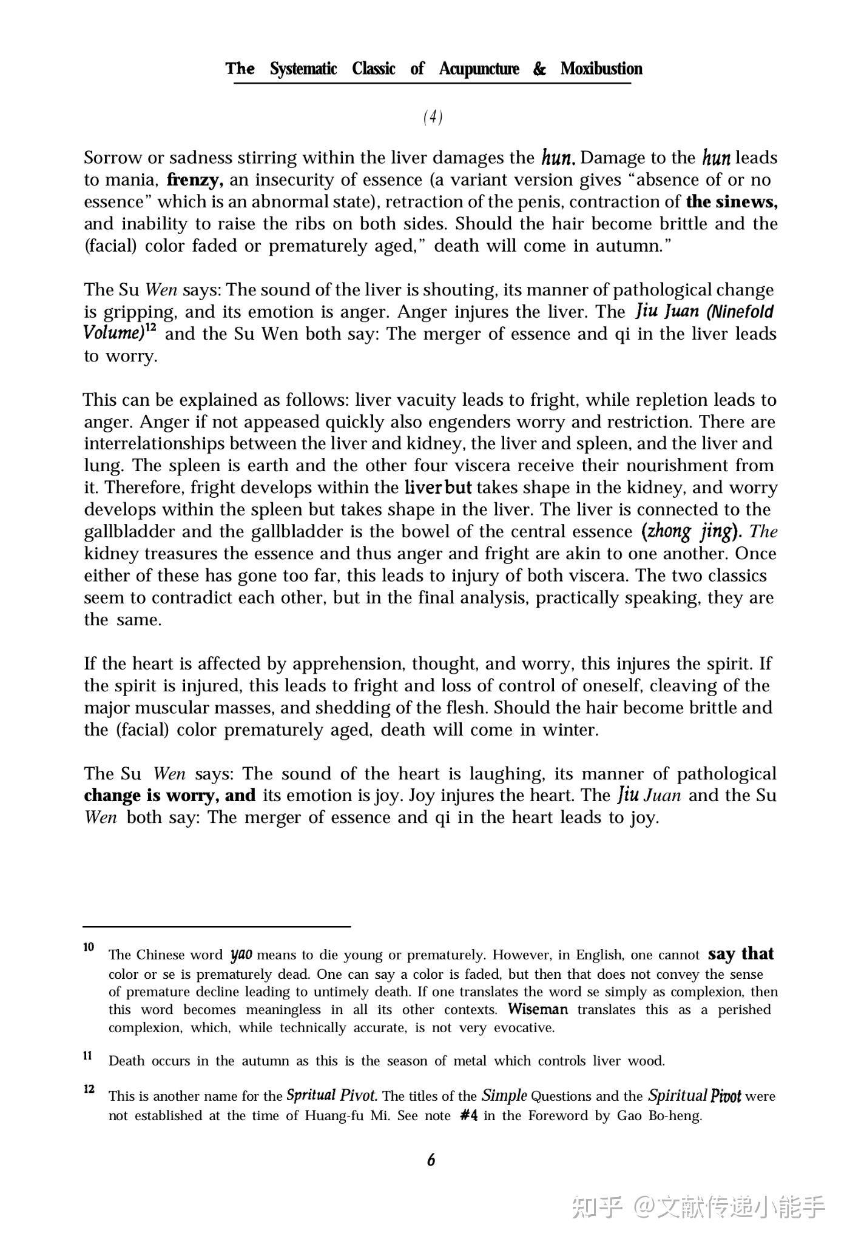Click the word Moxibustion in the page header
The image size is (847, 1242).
coord(601,69)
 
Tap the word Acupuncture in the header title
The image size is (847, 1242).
coord(479,69)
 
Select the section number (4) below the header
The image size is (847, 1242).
coord(433,117)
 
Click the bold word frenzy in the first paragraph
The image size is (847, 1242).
coord(195,180)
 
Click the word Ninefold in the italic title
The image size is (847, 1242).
coord(741,312)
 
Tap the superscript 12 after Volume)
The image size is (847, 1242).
coord(151,328)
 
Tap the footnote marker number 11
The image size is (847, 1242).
coord(88,1056)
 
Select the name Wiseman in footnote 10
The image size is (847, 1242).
coord(538,1010)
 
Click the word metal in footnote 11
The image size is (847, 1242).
coord(470,1061)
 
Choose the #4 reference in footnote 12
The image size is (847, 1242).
coord(469,1116)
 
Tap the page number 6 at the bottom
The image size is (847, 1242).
coord(431,1160)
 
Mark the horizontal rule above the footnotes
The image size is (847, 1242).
coord(217,926)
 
